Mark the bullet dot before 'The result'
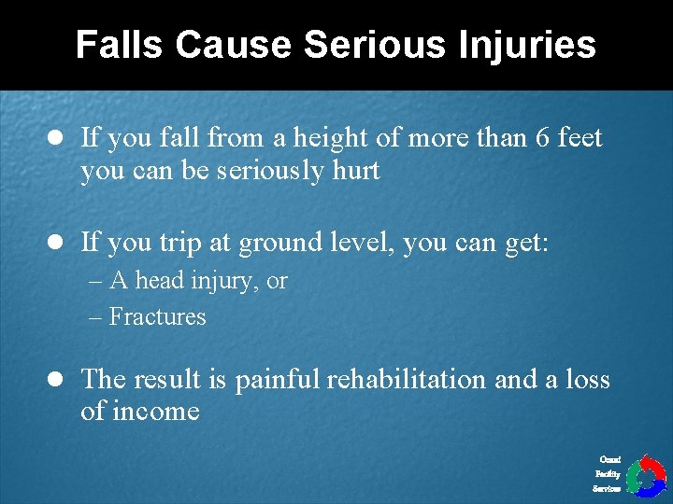tap(55, 380)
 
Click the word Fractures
tap(157, 317)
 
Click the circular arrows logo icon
tap(645, 475)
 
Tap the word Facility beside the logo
tap(608, 474)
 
